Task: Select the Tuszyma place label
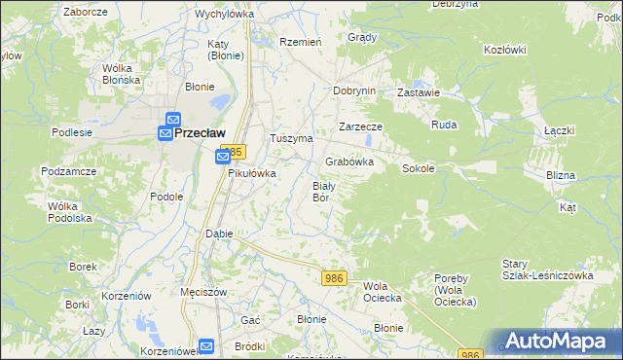(x=290, y=138)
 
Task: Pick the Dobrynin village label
(x=353, y=90)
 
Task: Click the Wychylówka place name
(x=224, y=14)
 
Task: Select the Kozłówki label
(x=504, y=50)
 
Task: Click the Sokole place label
(x=418, y=168)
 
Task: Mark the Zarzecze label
(x=360, y=126)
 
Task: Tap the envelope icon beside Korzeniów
(x=206, y=345)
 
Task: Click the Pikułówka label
(x=252, y=173)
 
